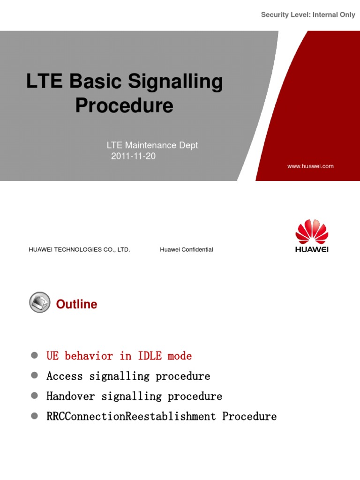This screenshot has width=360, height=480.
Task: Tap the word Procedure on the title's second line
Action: click(x=124, y=105)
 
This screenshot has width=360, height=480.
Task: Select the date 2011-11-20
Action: click(x=133, y=157)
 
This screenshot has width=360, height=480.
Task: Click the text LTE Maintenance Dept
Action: click(x=152, y=145)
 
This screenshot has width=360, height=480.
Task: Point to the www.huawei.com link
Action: click(x=310, y=166)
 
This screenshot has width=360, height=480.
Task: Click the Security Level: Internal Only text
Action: click(x=308, y=15)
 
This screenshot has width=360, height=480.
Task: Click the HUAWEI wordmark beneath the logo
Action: click(x=312, y=249)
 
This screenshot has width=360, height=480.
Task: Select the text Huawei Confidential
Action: click(x=186, y=250)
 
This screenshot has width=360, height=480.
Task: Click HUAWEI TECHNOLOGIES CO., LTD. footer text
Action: click(x=79, y=250)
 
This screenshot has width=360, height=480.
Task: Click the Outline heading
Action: click(x=76, y=304)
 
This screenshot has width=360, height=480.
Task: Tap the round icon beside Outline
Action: click(x=39, y=302)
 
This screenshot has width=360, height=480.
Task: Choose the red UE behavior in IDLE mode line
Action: click(x=119, y=356)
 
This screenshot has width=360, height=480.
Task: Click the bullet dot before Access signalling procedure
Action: click(x=34, y=376)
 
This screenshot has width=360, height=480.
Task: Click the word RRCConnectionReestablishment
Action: click(x=131, y=417)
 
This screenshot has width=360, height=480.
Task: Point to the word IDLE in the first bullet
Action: click(x=150, y=356)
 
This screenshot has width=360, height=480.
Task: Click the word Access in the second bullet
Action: click(x=64, y=376)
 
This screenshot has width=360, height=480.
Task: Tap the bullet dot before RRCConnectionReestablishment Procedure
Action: click(x=34, y=416)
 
